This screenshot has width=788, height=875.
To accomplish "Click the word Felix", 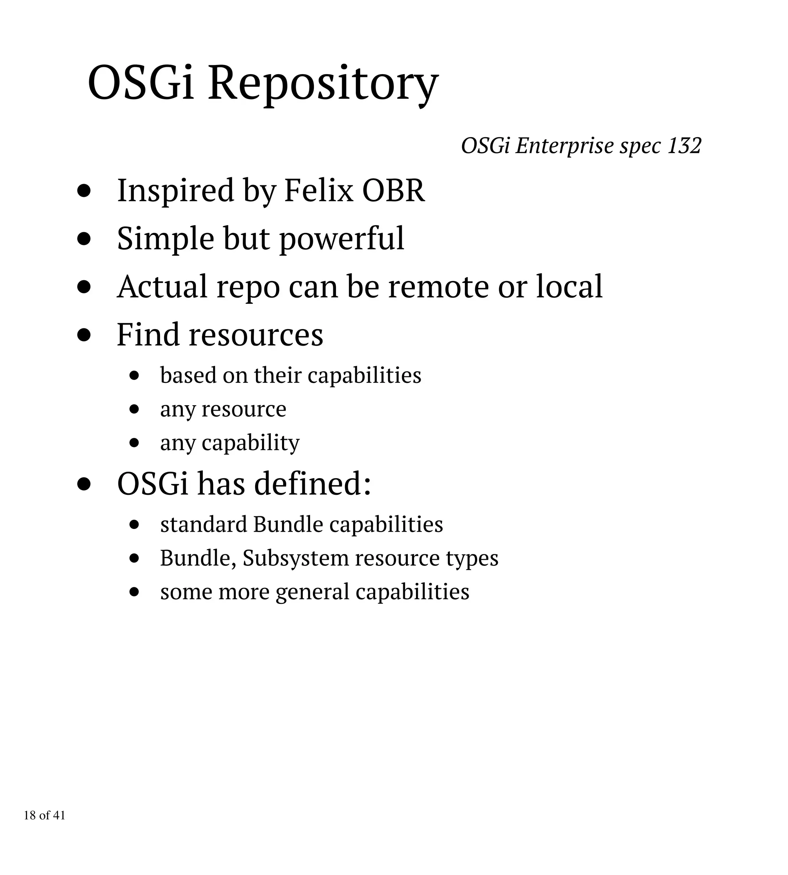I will tap(318, 190).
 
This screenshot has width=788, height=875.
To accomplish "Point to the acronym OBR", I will tap(393, 190).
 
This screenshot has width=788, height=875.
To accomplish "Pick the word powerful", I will tap(342, 239).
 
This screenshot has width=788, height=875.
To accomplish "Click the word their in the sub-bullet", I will tap(277, 375).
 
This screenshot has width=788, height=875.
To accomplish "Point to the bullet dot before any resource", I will tap(134, 409).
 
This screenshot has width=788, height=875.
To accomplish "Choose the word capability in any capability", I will tap(251, 443).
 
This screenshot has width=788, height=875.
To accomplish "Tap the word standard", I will tap(204, 524).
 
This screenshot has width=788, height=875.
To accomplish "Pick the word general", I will tap(312, 592).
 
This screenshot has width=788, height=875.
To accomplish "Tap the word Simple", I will tap(165, 239).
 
